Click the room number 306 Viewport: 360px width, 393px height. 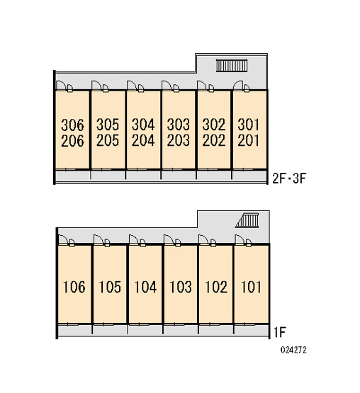coord(72,125)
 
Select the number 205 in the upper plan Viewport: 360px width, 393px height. coord(108,140)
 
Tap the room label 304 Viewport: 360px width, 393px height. coord(143,125)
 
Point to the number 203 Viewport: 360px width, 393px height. coord(179,140)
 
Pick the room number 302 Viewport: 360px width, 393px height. coord(214,125)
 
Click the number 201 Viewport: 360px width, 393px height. coord(248,140)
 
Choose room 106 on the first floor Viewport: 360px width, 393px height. coord(74,287)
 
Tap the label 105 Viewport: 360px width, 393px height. coord(110,287)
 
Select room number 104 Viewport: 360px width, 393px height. coord(145,287)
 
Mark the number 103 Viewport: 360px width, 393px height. coord(181,287)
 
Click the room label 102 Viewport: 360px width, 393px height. coord(216,287)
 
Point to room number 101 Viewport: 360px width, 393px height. coord(251,287)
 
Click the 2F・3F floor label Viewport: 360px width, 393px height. coord(289,178)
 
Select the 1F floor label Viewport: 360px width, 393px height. coord(279,333)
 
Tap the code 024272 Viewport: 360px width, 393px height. coord(293,350)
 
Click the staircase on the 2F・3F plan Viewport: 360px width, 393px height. coord(232,65)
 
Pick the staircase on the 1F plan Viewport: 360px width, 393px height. coord(247,220)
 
